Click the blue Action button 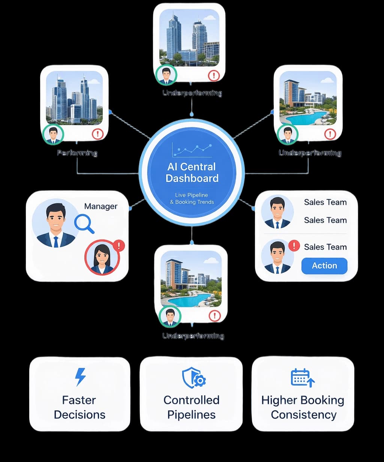[x=324, y=266]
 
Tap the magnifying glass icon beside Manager [x=84, y=224]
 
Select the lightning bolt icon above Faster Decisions [x=80, y=377]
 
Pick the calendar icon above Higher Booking [x=302, y=377]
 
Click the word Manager [x=100, y=206]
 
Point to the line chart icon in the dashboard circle [x=192, y=150]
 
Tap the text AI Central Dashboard [x=192, y=172]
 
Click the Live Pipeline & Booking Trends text [x=192, y=199]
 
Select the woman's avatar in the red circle [x=102, y=257]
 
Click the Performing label [x=77, y=153]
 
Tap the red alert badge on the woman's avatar [x=119, y=245]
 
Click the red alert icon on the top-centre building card [x=214, y=76]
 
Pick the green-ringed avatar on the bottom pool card [x=170, y=316]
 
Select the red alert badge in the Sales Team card [x=294, y=245]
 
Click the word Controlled [x=191, y=400]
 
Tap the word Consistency [x=304, y=415]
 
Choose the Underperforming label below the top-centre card [x=192, y=93]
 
